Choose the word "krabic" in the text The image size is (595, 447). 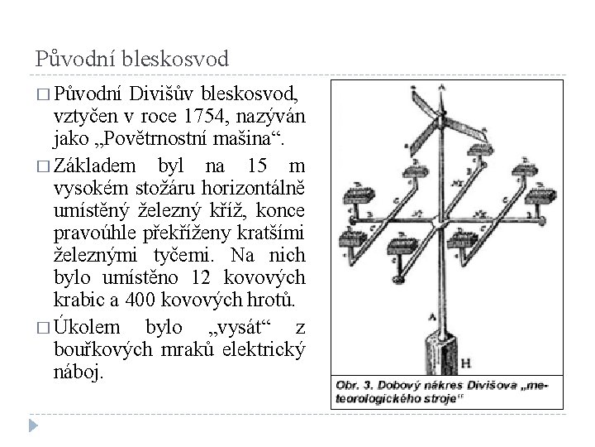click(77, 299)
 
